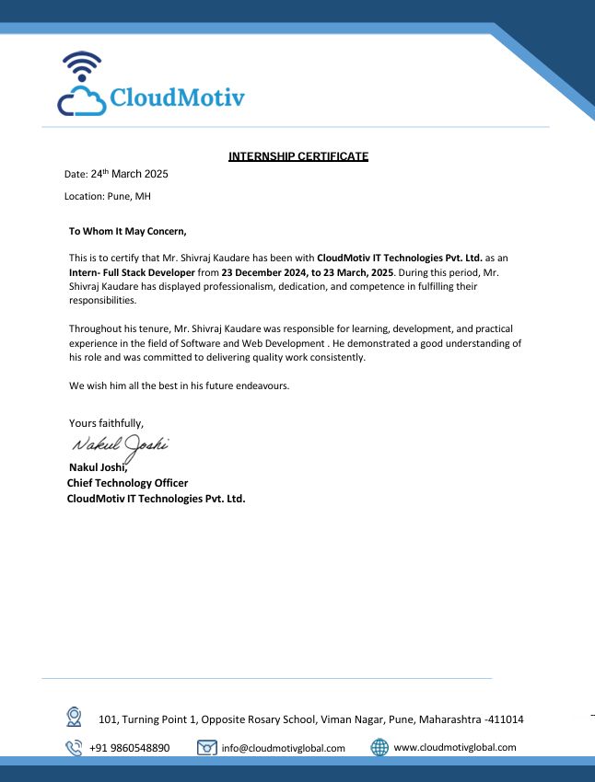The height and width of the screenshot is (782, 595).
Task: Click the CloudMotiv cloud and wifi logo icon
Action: click(x=82, y=85)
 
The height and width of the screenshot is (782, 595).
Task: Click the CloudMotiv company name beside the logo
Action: click(x=177, y=98)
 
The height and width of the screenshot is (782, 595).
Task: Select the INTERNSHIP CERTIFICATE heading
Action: click(x=297, y=156)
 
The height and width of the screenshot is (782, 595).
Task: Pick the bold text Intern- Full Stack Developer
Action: click(x=132, y=273)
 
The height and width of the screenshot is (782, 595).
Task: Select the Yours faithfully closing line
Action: click(x=106, y=423)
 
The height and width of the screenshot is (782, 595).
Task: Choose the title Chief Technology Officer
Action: click(x=127, y=483)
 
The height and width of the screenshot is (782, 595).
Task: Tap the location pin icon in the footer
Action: click(x=74, y=716)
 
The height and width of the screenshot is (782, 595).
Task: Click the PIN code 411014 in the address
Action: click(x=506, y=719)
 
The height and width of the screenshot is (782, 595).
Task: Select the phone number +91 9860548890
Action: click(x=129, y=748)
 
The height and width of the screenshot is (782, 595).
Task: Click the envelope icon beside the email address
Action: click(x=207, y=748)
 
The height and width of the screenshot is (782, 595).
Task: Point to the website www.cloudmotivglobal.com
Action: click(x=454, y=748)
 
